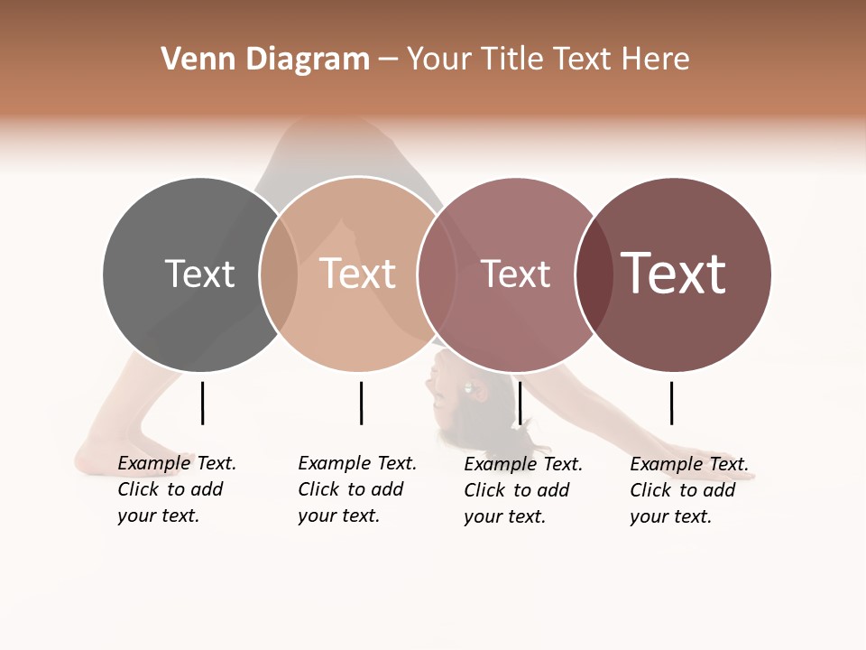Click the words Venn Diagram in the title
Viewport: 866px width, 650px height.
(265, 60)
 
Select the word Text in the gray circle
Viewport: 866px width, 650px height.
(199, 274)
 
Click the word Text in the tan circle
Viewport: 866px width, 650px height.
(357, 274)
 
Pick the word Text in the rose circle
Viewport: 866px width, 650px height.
(515, 274)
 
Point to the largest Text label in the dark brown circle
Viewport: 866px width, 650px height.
(673, 274)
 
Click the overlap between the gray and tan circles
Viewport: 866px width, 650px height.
(279, 274)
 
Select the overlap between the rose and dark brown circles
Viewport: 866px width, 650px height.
(594, 274)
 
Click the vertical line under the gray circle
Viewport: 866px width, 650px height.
(202, 403)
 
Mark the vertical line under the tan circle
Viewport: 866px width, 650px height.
(361, 403)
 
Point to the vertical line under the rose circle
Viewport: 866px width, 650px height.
(521, 403)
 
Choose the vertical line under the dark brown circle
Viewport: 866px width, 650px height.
(671, 403)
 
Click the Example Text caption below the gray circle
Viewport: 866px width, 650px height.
(176, 489)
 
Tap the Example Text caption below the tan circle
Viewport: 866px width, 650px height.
(356, 489)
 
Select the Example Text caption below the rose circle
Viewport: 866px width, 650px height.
(522, 490)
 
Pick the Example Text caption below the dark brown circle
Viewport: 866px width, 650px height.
(688, 490)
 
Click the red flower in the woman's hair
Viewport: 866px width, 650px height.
(479, 391)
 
